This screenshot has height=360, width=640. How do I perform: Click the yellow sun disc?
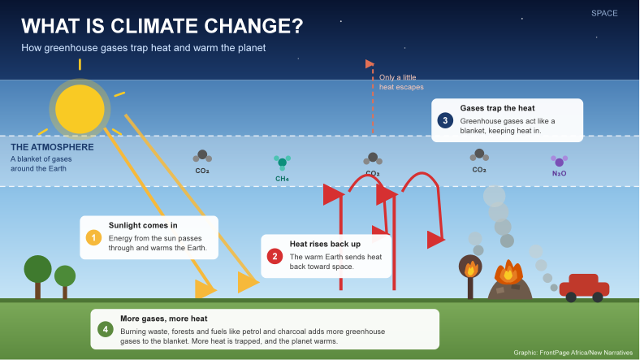[80, 109]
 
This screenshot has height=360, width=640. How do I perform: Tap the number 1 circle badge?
[93, 237]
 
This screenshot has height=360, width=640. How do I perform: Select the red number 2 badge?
[275, 256]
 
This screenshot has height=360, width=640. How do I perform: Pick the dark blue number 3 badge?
[445, 120]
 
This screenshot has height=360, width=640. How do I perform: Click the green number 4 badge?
[106, 329]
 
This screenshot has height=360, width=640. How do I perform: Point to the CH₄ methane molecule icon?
[282, 163]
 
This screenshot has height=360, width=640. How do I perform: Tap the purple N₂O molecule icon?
[559, 161]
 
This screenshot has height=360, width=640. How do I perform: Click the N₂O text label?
[559, 173]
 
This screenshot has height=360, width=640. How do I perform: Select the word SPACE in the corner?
[604, 14]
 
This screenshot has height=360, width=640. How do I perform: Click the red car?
[584, 288]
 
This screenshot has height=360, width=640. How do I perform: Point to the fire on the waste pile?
[508, 272]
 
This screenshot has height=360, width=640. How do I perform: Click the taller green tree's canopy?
[38, 269]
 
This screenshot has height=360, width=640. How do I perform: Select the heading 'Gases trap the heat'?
[497, 108]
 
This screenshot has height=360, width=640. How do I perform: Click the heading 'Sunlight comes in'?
[143, 225]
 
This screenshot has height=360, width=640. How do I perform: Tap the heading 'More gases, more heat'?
[164, 319]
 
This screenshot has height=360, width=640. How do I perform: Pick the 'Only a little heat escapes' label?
[401, 82]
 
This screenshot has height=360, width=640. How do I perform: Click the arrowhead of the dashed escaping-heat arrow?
[370, 64]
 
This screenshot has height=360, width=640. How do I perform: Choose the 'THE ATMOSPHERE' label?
[52, 147]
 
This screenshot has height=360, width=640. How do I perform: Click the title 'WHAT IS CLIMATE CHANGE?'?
[162, 26]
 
